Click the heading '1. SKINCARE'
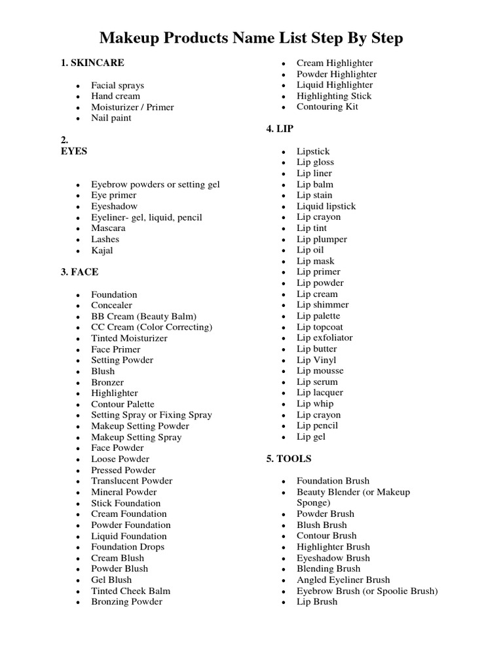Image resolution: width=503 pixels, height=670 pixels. click(x=92, y=63)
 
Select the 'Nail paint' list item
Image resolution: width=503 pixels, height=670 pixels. click(x=111, y=118)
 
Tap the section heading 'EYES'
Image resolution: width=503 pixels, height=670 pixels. click(x=74, y=151)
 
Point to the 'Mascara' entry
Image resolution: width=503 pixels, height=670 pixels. click(x=109, y=228)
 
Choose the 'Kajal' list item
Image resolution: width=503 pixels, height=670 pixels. click(x=102, y=251)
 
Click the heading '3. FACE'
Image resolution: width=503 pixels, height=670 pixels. click(x=80, y=272)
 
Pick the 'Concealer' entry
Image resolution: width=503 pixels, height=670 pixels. click(x=112, y=306)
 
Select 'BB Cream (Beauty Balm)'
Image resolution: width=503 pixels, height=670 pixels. click(x=144, y=316)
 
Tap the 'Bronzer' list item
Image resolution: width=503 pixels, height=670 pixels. click(x=107, y=382)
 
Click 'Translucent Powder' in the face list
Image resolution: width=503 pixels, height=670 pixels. click(x=132, y=481)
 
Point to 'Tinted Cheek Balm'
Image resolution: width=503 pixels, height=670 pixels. click(x=131, y=591)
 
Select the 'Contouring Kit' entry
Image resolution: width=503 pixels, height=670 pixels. click(x=327, y=107)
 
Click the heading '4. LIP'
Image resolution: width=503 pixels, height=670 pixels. click(x=280, y=130)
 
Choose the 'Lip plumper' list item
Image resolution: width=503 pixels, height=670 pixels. click(x=322, y=239)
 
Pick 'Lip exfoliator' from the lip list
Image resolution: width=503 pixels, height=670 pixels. click(x=325, y=338)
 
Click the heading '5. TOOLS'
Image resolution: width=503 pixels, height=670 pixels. click(x=289, y=459)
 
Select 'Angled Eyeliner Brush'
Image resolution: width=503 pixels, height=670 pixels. click(x=343, y=580)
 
